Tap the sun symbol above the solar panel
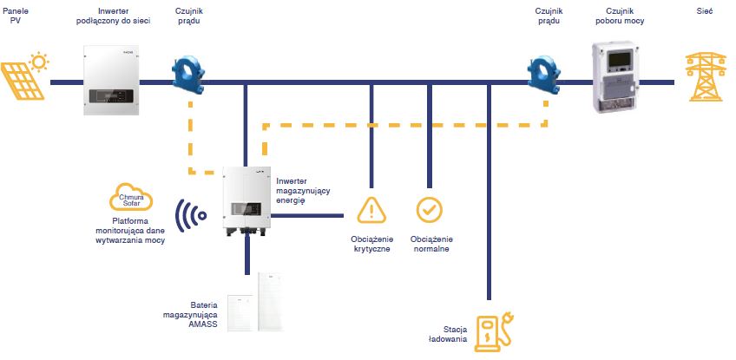point(39,62)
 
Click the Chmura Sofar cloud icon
point(130,199)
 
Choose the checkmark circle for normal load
point(429,209)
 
